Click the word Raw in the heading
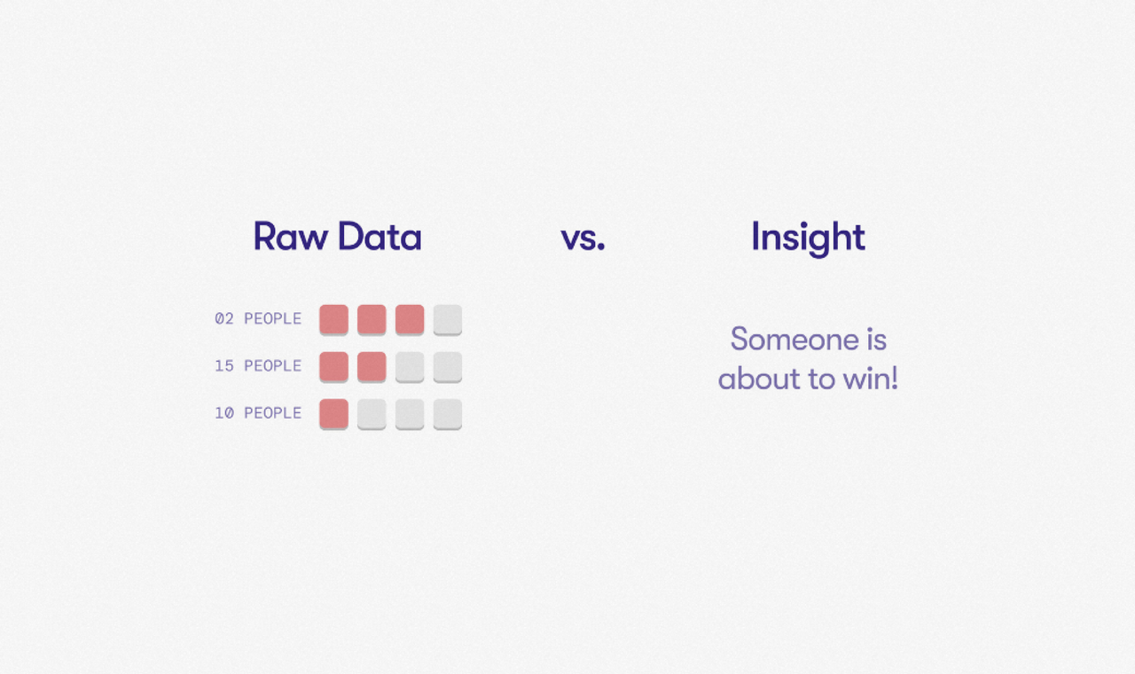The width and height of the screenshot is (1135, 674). (x=290, y=237)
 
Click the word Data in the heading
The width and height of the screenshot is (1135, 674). (x=380, y=237)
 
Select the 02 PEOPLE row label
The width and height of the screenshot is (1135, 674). (x=258, y=318)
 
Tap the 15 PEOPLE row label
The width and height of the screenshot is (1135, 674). (x=258, y=366)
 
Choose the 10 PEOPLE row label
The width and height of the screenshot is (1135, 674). (x=258, y=413)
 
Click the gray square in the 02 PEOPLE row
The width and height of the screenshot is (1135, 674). (x=448, y=320)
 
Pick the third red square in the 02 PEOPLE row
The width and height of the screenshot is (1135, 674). (x=410, y=320)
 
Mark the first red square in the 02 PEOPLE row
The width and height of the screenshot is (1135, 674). (x=334, y=320)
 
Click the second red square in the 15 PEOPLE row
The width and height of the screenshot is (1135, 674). (x=372, y=367)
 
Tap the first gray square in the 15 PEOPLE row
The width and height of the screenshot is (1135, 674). (x=410, y=367)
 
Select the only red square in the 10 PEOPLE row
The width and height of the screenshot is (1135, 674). (x=334, y=414)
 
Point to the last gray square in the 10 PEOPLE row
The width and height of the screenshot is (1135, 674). (x=448, y=414)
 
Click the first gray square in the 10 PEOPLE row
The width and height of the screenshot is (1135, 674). (x=372, y=414)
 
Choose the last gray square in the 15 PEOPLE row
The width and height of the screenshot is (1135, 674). (x=448, y=367)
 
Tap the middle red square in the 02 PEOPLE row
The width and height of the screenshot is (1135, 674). (x=372, y=320)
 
